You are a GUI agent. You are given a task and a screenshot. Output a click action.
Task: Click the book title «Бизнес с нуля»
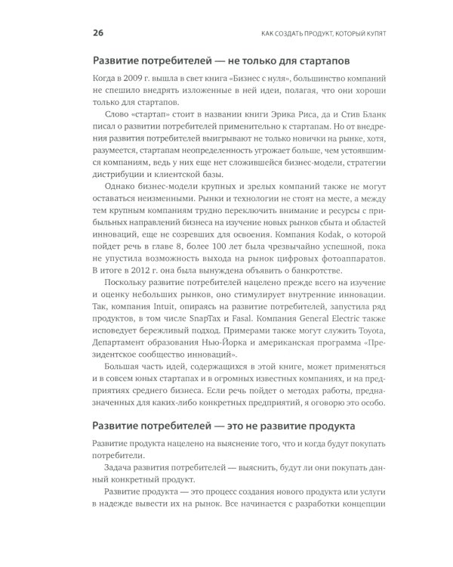(x=245, y=78)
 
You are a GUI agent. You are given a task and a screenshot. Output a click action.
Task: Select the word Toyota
(x=368, y=333)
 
